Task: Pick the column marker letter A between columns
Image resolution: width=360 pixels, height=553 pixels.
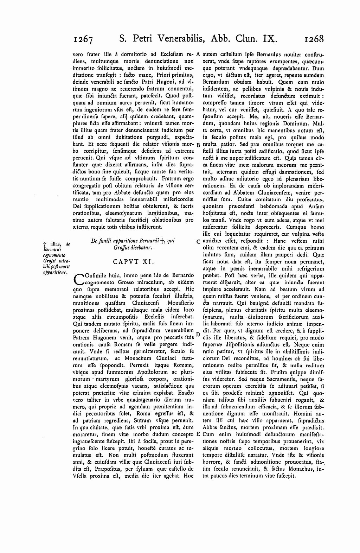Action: [x=198, y=54]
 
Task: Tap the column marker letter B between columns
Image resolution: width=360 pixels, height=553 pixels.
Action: [x=198, y=145]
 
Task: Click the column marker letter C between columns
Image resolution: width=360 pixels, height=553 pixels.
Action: [x=198, y=242]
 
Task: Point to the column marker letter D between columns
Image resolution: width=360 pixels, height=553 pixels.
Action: [x=198, y=333]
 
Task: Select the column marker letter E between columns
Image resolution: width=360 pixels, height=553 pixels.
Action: [x=198, y=434]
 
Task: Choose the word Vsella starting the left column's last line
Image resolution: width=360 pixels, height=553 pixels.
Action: [x=78, y=476]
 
